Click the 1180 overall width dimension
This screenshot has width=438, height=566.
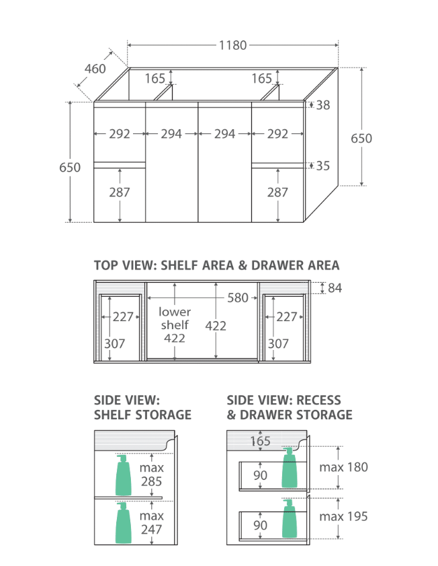[x=233, y=46]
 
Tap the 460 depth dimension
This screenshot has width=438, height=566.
[x=95, y=69]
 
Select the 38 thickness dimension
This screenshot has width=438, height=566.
[x=323, y=105]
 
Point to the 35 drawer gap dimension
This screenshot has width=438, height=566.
[x=323, y=166]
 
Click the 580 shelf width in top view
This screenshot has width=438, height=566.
[x=238, y=297]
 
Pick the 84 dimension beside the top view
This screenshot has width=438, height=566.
[x=335, y=288]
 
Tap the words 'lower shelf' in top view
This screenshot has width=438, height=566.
[x=175, y=318]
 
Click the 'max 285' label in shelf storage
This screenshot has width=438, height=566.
[x=152, y=474]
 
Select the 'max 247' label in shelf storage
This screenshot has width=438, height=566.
[x=152, y=523]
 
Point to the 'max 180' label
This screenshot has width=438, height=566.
[x=344, y=467]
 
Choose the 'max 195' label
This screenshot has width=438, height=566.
[x=344, y=517]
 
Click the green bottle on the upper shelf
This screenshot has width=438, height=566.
[x=123, y=475]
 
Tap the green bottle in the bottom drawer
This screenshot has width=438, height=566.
[x=290, y=518]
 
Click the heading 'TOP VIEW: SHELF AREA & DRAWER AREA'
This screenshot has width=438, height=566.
[x=216, y=265]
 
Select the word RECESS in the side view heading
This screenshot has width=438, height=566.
[x=318, y=400]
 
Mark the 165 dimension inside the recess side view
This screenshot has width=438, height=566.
[x=260, y=441]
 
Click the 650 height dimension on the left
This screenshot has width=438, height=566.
[x=70, y=168]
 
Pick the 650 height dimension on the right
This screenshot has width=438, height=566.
[x=361, y=138]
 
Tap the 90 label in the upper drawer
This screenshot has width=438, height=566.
[x=260, y=475]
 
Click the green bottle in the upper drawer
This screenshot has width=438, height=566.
[x=290, y=468]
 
